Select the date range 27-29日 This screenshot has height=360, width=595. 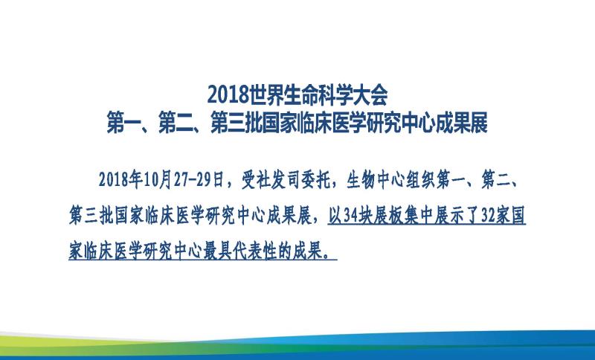[199, 179]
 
